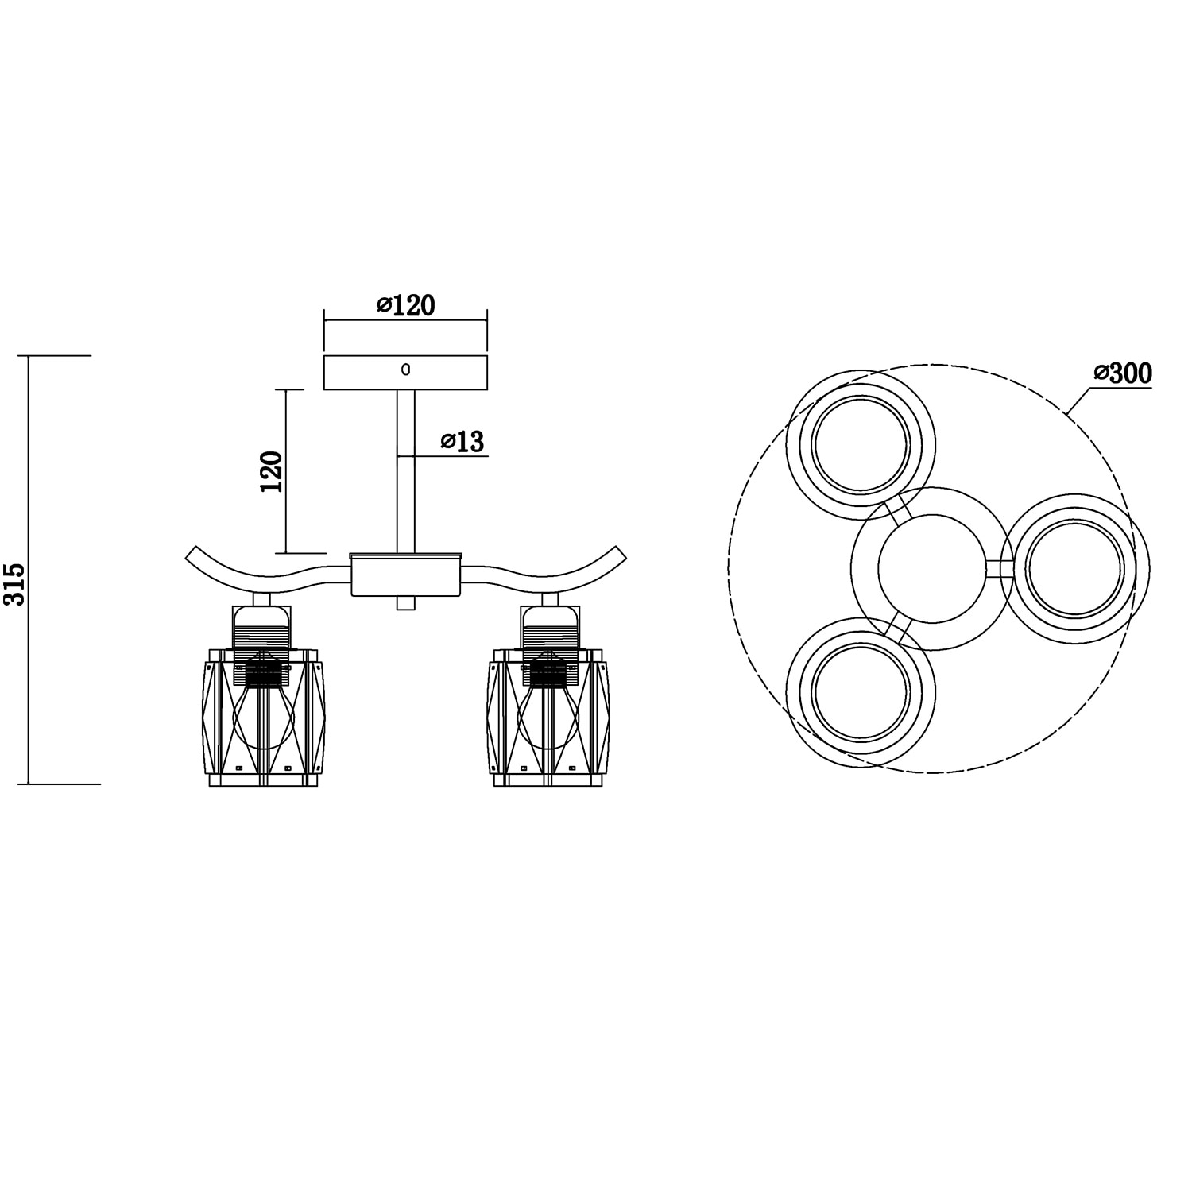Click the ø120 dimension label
tap(406, 305)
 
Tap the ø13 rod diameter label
tap(462, 441)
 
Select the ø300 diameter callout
tap(1123, 373)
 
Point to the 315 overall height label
tap(15, 584)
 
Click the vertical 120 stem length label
tap(271, 472)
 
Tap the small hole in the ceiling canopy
tap(405, 370)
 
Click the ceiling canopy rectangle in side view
tap(405, 373)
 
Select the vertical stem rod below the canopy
tap(405, 471)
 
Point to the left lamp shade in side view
tap(263, 718)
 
